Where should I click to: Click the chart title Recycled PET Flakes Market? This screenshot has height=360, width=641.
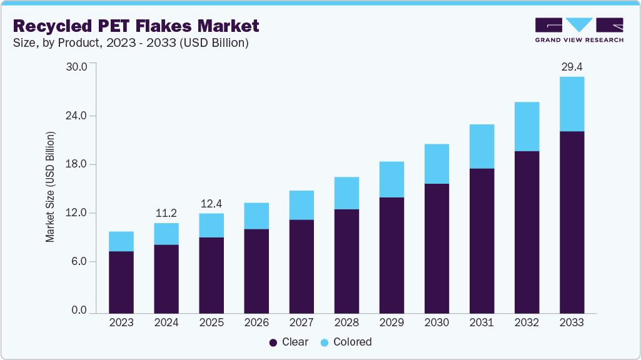click(x=136, y=26)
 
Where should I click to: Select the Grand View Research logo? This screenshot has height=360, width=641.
click(x=579, y=29)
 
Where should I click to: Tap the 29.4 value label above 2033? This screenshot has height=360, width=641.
click(x=572, y=67)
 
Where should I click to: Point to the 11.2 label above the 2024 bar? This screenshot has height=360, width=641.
click(x=166, y=213)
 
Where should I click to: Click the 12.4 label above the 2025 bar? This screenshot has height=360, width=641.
click(x=211, y=204)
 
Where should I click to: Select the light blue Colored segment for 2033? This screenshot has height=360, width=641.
click(x=572, y=104)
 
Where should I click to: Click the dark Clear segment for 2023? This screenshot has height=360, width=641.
click(x=121, y=282)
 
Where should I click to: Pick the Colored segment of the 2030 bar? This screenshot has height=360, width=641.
click(x=437, y=164)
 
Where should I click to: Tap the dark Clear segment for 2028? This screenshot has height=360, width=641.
click(x=346, y=261)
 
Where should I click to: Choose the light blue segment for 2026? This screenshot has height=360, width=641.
click(x=256, y=216)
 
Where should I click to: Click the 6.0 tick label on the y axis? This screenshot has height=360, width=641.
click(x=83, y=261)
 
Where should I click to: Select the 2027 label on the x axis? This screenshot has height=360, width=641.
click(x=301, y=322)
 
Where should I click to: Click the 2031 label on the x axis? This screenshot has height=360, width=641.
click(x=482, y=322)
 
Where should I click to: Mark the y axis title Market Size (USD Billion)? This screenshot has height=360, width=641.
click(x=50, y=187)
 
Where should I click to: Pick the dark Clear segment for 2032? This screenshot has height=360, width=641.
click(x=527, y=232)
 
